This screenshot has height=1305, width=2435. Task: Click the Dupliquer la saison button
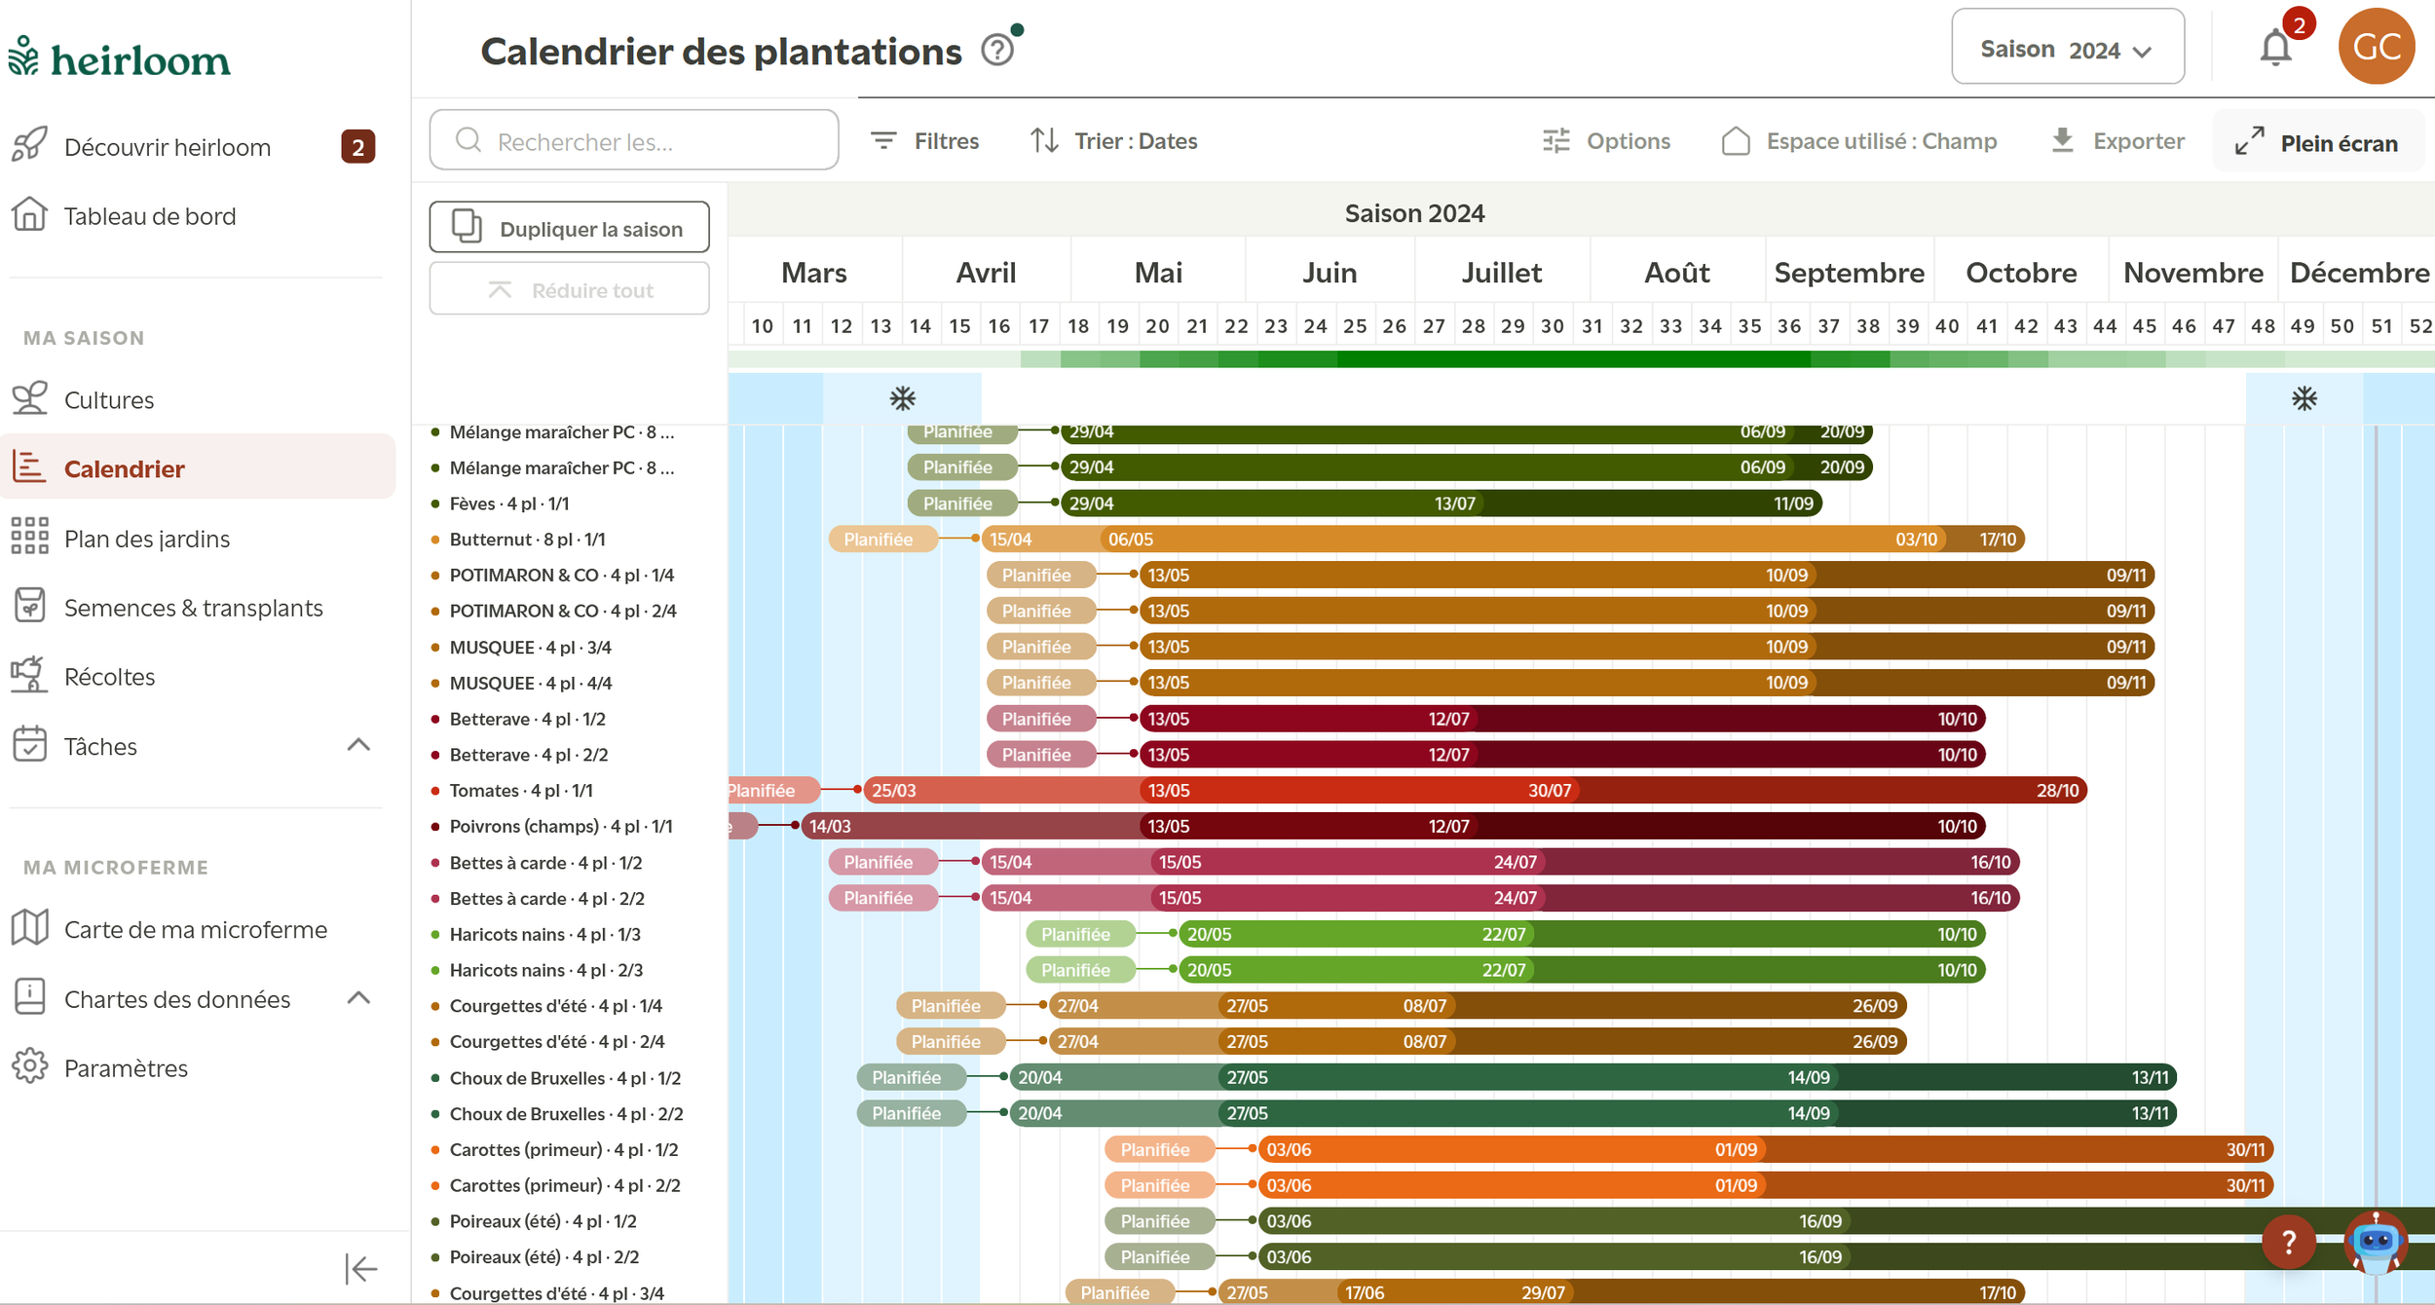[x=569, y=227]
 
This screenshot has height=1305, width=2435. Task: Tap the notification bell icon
[x=2275, y=48]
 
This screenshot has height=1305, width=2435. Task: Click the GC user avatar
[x=2376, y=46]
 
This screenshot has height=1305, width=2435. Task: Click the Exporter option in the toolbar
[x=2117, y=141]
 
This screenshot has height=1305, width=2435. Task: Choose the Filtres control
[x=924, y=141]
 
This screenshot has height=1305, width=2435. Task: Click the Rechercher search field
[x=634, y=140]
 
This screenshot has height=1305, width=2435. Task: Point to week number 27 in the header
[x=1434, y=326]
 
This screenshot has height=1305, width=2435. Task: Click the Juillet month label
[x=1501, y=273]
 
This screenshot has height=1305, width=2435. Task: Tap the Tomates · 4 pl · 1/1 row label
[x=521, y=790]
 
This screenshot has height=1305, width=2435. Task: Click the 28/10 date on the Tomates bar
[x=2057, y=790]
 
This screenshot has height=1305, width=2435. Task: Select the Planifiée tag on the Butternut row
[x=879, y=539]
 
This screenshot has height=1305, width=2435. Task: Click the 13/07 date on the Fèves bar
[x=1454, y=503]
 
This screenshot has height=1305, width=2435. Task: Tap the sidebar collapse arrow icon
[x=360, y=1268]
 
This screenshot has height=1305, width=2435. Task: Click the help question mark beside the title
[x=997, y=50]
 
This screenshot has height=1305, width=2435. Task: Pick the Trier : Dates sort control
[x=1114, y=141]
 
